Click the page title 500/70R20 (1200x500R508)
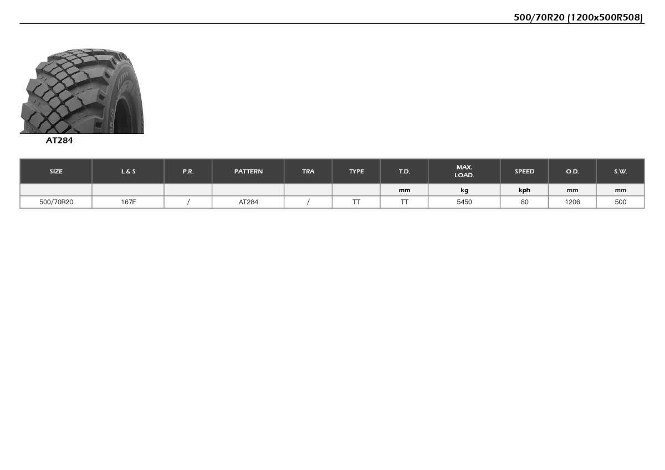pyautogui.click(x=578, y=17)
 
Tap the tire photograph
pyautogui.click(x=82, y=90)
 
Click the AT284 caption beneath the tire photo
pyautogui.click(x=59, y=140)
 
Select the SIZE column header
pyautogui.click(x=56, y=172)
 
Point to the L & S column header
pyautogui.click(x=128, y=172)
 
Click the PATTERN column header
pyautogui.click(x=248, y=172)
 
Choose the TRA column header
pyautogui.click(x=308, y=172)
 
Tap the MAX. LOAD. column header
pyautogui.click(x=464, y=171)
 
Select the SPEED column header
pyautogui.click(x=524, y=172)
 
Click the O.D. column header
pyautogui.click(x=572, y=172)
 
